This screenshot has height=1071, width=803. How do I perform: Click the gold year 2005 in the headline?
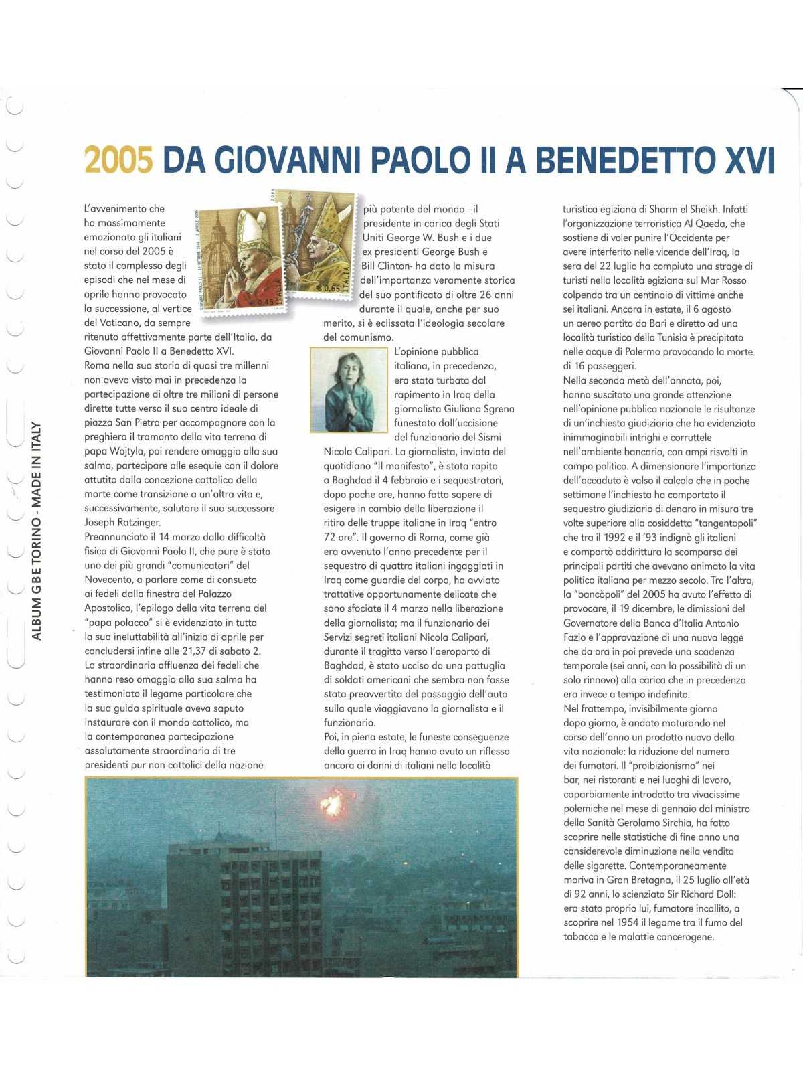pos(118,160)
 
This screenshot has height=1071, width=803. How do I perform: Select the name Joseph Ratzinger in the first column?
pos(122,522)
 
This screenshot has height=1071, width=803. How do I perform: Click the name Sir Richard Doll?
pos(702,894)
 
